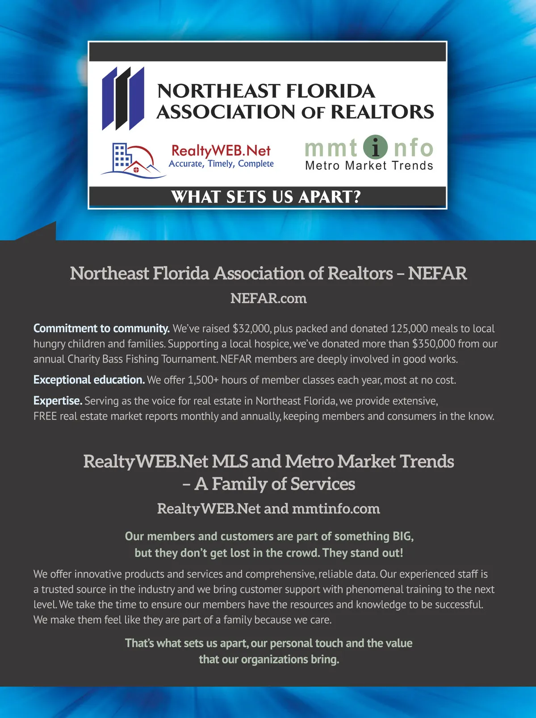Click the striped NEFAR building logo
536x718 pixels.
(x=123, y=98)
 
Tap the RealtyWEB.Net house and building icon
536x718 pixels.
(x=132, y=160)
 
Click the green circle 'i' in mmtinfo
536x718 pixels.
(x=375, y=147)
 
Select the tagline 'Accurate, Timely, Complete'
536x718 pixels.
(x=221, y=164)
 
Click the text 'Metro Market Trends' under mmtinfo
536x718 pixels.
(x=369, y=165)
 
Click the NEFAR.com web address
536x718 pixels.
(x=268, y=298)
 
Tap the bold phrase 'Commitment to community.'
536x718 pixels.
(x=101, y=329)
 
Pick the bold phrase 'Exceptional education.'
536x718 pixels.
(x=89, y=380)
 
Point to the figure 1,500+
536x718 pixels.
(x=203, y=380)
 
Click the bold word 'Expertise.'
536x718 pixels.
(x=58, y=401)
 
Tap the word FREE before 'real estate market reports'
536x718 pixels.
(x=45, y=416)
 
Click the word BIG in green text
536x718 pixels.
(x=402, y=536)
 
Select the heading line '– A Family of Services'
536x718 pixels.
(x=268, y=484)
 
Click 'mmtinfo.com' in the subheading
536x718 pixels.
(x=336, y=509)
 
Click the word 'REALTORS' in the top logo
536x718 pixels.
(x=382, y=112)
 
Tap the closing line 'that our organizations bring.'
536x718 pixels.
(x=269, y=659)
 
